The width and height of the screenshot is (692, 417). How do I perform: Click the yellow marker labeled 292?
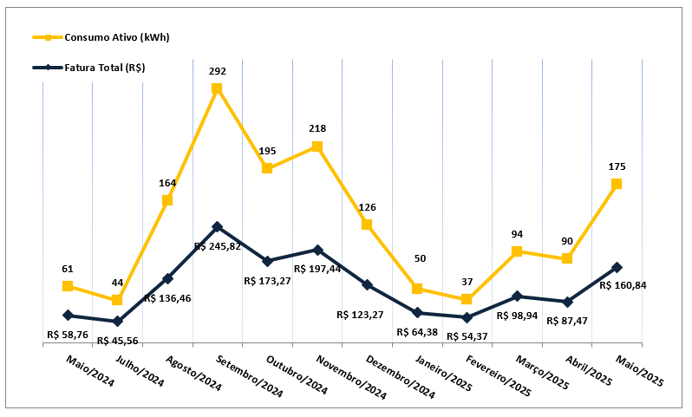coord(217,88)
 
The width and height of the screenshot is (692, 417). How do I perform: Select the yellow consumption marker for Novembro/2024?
coord(317,147)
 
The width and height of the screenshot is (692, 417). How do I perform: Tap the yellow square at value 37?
coord(467,299)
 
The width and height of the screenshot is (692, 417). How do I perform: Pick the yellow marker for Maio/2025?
coord(617,184)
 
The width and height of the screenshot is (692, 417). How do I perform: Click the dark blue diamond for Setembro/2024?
coord(217,226)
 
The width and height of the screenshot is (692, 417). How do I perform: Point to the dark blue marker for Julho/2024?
coord(117,321)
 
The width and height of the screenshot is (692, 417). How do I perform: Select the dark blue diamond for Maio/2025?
coord(617,267)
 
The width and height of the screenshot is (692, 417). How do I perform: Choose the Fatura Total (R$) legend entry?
coord(95,67)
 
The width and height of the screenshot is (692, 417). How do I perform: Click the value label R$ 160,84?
coord(623,285)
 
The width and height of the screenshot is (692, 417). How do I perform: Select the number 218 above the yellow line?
coord(317,128)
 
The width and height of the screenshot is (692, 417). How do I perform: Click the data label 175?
coord(617,166)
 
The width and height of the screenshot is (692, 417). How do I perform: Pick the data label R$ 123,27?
coord(360,314)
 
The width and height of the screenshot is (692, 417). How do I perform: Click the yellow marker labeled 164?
coord(167,200)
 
